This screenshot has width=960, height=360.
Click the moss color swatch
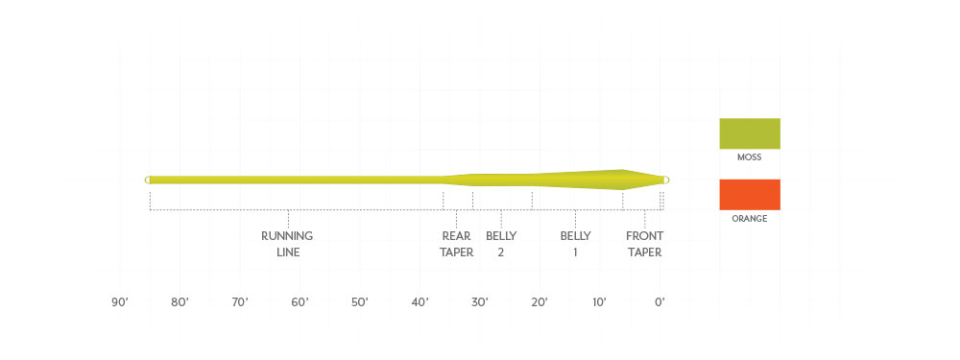click(x=750, y=133)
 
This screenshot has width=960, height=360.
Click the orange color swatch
click(x=750, y=195)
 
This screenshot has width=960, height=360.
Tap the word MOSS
click(x=750, y=157)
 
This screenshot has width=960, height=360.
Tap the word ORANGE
click(x=750, y=219)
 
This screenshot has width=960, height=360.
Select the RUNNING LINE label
click(x=287, y=244)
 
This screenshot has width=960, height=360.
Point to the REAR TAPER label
click(x=457, y=244)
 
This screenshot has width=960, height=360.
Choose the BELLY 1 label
click(x=575, y=244)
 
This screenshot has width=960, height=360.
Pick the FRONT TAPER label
click(x=643, y=244)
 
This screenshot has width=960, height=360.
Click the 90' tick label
click(x=120, y=302)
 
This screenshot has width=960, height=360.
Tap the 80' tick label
click(x=180, y=302)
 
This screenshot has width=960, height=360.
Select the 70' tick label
click(x=240, y=302)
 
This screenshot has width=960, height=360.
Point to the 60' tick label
click(x=300, y=302)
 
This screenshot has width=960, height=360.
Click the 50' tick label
click(x=360, y=302)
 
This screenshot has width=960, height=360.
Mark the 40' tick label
click(x=420, y=302)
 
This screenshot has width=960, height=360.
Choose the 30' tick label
click(x=480, y=302)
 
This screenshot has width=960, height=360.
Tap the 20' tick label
click(x=540, y=302)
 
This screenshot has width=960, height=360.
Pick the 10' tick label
click(x=599, y=302)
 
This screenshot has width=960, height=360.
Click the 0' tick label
click(x=660, y=302)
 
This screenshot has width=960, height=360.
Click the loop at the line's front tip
click(x=665, y=180)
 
